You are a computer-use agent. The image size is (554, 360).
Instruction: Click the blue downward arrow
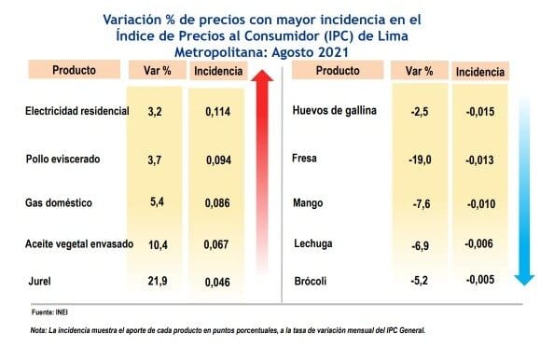[x=524, y=191]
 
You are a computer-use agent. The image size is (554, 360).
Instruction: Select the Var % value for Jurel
[x=158, y=281]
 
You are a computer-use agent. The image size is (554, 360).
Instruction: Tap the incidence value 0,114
[x=218, y=112]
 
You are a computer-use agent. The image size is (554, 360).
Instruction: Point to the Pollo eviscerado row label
[x=62, y=159]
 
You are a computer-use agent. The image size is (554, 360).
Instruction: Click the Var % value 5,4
[x=157, y=201]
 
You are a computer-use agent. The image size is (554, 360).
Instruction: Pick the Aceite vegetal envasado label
[x=79, y=243]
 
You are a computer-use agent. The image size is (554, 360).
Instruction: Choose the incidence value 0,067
[x=216, y=244]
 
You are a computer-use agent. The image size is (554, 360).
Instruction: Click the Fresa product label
[x=304, y=158]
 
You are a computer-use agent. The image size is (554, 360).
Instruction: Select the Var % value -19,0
[x=420, y=159]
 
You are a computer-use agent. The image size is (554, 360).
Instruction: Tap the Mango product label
[x=308, y=203]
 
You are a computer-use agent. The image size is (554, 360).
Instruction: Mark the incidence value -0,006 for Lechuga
[x=478, y=243]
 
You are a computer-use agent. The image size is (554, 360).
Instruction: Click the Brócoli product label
[x=311, y=282]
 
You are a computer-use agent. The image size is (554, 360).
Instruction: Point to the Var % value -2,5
[x=420, y=112]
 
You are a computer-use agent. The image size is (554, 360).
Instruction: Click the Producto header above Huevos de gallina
[x=338, y=70]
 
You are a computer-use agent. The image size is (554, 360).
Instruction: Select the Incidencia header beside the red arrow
[x=218, y=71]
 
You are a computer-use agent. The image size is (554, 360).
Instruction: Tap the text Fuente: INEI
[x=49, y=312]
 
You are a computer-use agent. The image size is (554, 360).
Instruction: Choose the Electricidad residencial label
[x=77, y=111]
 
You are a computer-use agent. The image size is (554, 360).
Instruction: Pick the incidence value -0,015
[x=480, y=112]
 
